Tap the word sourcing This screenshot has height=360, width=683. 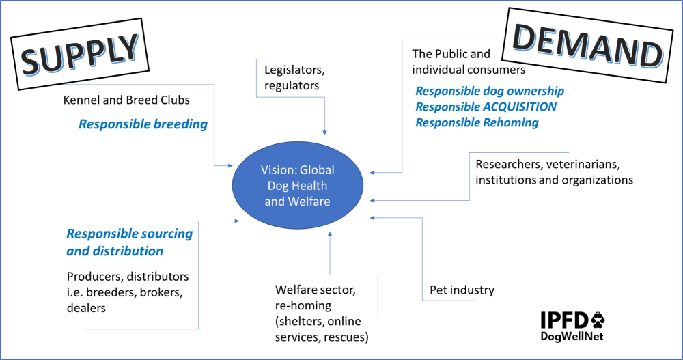pyautogui.click(x=167, y=234)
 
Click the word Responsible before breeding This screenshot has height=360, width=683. pyautogui.click(x=110, y=125)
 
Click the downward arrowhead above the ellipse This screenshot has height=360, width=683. pyautogui.click(x=324, y=132)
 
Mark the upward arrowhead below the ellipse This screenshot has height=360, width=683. pyautogui.click(x=330, y=234)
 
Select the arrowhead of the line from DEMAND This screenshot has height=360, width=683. pyautogui.click(x=373, y=173)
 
